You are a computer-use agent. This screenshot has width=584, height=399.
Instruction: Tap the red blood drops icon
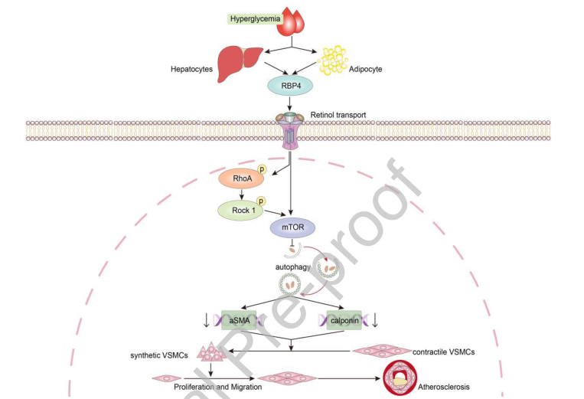[290, 22]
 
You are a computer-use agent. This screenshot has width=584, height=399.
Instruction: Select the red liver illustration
[235, 62]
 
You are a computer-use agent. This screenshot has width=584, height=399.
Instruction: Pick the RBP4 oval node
[290, 86]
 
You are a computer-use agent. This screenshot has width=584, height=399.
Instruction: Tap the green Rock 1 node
[241, 209]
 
